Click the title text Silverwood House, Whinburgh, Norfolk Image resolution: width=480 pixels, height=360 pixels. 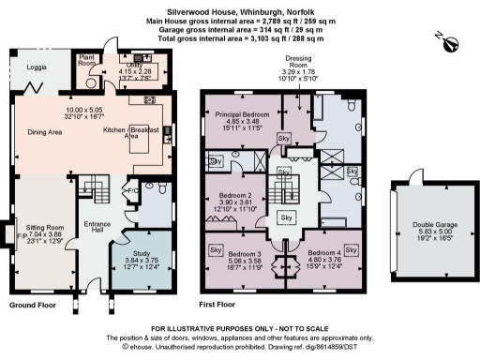tap(238, 7)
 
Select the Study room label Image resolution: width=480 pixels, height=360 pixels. tap(141, 253)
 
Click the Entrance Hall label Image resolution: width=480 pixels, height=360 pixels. tap(97, 228)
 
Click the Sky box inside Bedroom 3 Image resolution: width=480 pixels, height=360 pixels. tap(215, 251)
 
